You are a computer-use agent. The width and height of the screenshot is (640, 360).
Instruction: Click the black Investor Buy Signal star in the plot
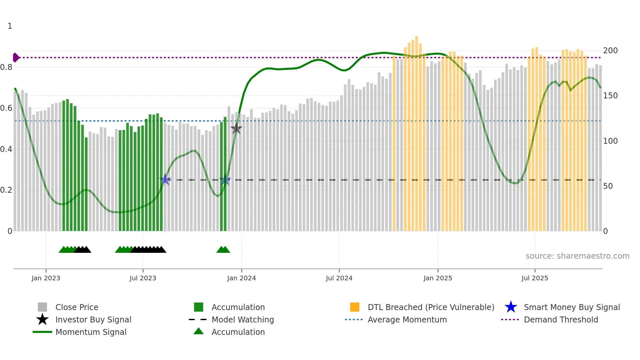point(236,128)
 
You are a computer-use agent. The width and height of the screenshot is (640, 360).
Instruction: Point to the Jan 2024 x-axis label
point(241,278)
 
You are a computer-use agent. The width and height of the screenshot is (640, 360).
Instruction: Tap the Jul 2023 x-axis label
point(143,278)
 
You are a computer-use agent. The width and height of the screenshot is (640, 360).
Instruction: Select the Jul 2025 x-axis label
point(535,278)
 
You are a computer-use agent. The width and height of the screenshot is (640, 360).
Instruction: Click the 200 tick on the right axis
point(610,51)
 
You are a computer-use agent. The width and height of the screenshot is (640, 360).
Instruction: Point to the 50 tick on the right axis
point(608,186)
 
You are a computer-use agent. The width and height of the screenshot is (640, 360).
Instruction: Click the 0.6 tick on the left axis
point(7,108)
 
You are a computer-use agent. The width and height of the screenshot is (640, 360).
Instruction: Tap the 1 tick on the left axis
point(10,26)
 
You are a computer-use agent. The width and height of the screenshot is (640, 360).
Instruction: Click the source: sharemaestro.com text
point(577,256)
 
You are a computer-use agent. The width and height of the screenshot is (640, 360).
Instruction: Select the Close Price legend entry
point(76,307)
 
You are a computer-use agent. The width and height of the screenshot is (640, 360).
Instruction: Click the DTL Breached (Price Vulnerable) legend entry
point(431,307)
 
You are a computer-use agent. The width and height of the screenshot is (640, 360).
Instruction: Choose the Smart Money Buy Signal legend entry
point(571,307)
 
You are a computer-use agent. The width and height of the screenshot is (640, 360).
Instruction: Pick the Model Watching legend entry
point(242,319)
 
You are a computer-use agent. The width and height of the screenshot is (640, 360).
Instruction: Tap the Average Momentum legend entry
point(407,319)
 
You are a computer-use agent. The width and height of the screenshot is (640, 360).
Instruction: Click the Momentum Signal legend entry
point(91,332)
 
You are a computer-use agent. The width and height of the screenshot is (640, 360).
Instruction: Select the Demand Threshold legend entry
point(561,319)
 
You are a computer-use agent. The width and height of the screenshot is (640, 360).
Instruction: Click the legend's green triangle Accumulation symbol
point(199,331)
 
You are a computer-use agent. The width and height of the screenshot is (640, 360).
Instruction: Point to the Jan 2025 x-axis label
point(438,278)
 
